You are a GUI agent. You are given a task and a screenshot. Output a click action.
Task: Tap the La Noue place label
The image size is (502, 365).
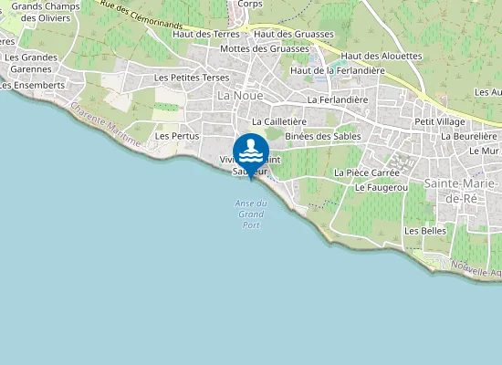tap(235, 94)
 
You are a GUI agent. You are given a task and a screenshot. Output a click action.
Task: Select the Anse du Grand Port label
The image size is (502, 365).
tap(249, 214)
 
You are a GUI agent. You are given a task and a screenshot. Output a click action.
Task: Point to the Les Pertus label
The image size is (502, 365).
tap(177, 136)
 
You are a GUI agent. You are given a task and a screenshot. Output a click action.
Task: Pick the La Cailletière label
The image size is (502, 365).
tap(278, 120)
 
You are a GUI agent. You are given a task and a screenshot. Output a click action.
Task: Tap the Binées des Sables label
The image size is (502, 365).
tap(322, 136)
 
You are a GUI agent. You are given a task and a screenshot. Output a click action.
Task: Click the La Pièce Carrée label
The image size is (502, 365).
tap(368, 172)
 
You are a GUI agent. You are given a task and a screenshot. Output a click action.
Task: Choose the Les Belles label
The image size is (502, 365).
tap(424, 231)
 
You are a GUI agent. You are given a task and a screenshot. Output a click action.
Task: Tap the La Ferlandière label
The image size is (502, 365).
tap(337, 99)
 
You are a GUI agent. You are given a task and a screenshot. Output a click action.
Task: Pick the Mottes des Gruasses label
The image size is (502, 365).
tap(265, 48)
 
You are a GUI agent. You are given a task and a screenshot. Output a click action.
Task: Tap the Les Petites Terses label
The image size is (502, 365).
tap(192, 78)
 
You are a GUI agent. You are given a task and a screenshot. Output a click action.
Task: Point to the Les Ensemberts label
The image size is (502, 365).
tap(32, 85)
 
